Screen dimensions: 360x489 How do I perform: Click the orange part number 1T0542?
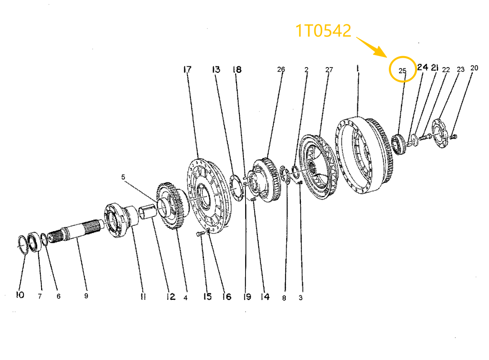pos(323,31)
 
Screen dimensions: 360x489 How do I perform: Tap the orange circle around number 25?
pos(403,69)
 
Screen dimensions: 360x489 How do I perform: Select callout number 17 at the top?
pos(187,70)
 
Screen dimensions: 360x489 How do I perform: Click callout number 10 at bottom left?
pos(20,295)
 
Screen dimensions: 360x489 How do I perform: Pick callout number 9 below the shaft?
pos(86,296)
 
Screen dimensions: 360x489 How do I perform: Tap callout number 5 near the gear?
pos(123,177)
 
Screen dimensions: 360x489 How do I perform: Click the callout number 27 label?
pos(329,70)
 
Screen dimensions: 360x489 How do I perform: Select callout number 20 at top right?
pos(474,68)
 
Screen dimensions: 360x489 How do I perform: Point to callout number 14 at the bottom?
pos(265,297)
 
